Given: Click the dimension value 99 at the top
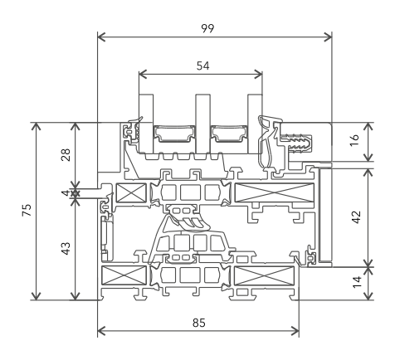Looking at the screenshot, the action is coord(207,28).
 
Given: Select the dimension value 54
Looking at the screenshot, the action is coord(203,66).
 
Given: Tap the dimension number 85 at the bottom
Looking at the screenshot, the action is coord(199,323).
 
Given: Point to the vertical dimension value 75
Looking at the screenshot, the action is coord(27,210).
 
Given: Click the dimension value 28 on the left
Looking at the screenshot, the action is coord(66,155).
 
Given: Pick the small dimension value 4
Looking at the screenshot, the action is coord(66,192).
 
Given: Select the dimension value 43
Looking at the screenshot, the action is coord(66,248).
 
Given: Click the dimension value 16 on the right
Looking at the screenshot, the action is coord(355,140).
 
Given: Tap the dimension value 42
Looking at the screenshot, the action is coord(357,217).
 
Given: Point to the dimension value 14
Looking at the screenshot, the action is coord(357,282).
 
